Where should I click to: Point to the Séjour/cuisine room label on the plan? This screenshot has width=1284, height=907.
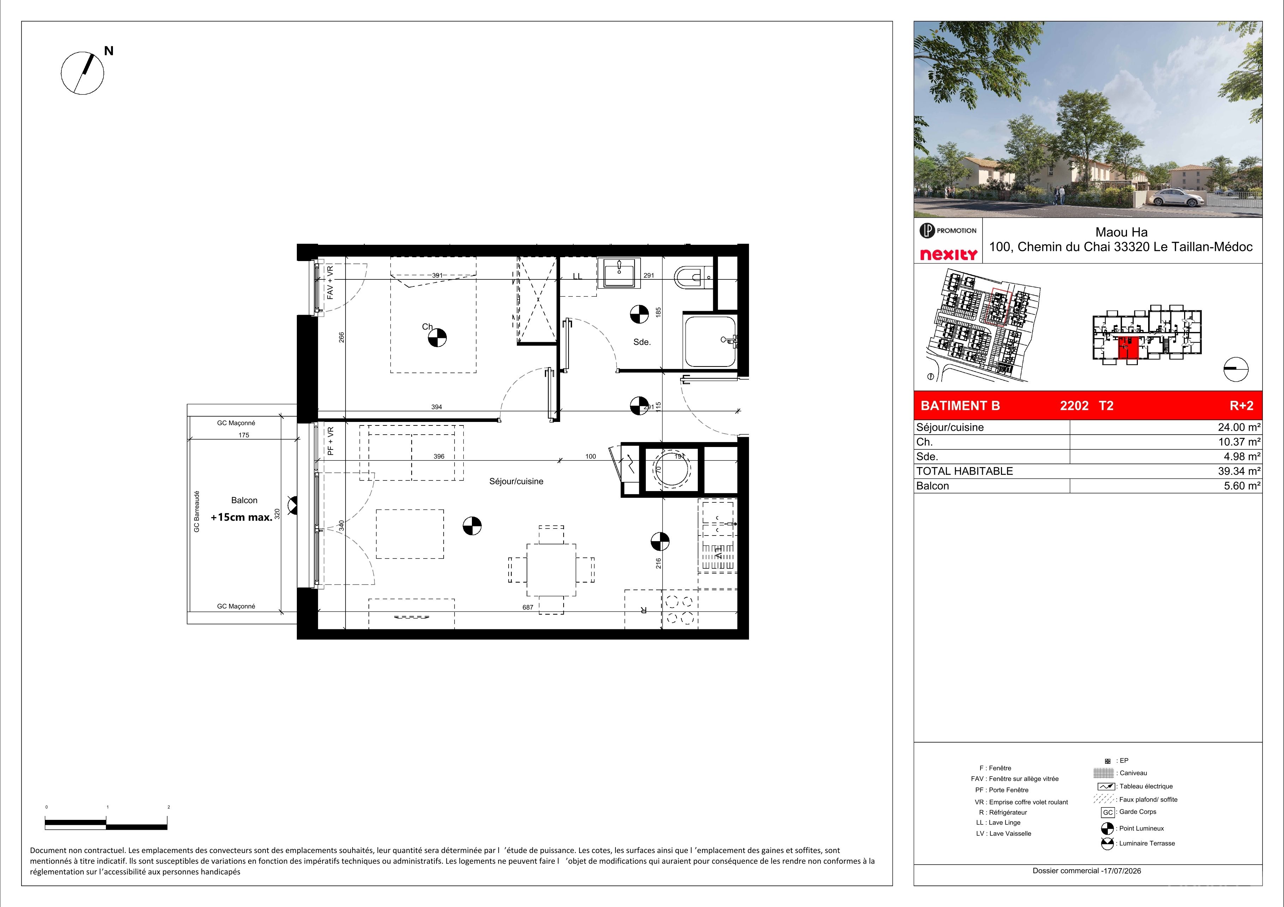click(516, 481)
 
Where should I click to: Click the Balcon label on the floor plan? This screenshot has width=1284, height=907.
click(244, 500)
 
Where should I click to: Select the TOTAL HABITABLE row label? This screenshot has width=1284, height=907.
click(965, 471)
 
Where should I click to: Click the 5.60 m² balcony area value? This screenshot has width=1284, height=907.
click(1242, 486)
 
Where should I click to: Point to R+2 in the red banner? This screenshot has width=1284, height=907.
click(1242, 406)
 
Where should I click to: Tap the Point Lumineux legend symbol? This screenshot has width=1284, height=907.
click(1107, 828)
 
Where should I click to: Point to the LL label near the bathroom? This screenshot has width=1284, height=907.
click(577, 276)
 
